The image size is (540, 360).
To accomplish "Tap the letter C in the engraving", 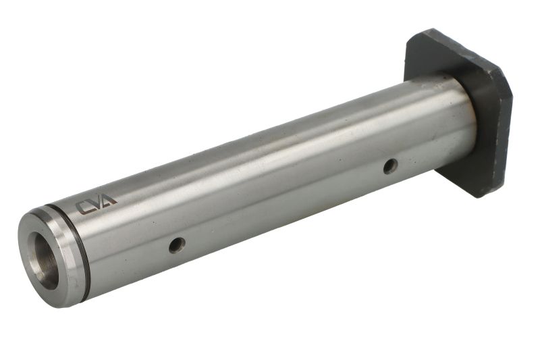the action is pyautogui.click(x=83, y=208).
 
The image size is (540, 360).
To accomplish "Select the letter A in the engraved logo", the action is pyautogui.click(x=109, y=199).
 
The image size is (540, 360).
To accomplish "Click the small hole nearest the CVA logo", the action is pyautogui.click(x=178, y=245).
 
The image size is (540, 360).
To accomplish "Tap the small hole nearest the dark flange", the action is pyautogui.click(x=391, y=166).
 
